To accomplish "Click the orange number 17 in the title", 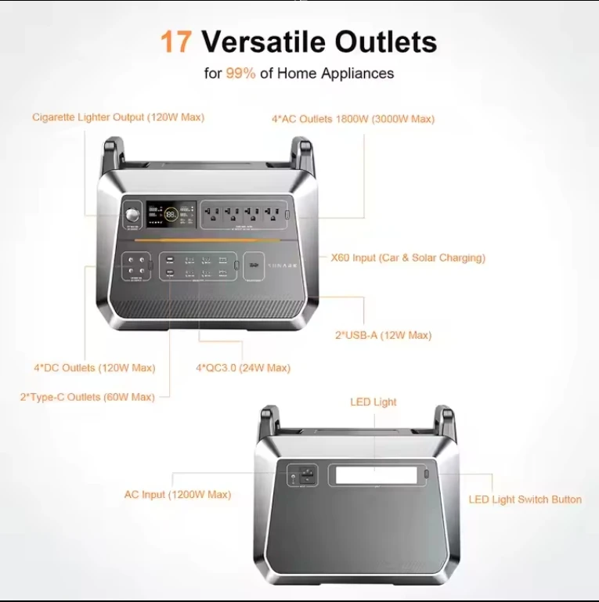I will (176, 41).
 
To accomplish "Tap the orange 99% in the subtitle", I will (240, 74).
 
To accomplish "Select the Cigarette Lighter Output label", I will (118, 117).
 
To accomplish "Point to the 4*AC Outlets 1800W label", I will (353, 119).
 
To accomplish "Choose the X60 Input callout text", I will (408, 258).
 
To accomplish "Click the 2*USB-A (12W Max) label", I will (384, 335).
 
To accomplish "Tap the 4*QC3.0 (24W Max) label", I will (243, 368).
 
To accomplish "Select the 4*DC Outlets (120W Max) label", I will (95, 368).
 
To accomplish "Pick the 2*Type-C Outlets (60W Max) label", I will (88, 397).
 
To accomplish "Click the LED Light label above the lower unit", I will (373, 402).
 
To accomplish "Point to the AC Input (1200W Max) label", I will (178, 495).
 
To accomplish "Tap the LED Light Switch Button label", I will (525, 499).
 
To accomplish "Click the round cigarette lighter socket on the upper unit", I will (131, 214).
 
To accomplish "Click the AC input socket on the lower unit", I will (306, 475).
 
